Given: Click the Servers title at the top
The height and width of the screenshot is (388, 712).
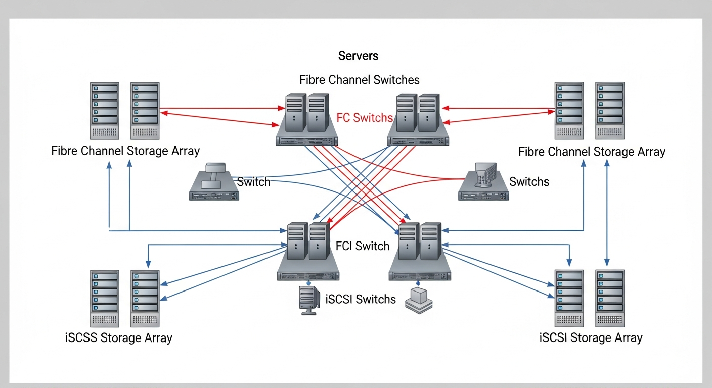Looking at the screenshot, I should [x=358, y=56].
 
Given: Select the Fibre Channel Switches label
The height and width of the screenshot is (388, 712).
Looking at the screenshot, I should [x=359, y=80].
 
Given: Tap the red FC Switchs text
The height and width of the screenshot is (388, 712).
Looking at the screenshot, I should [x=365, y=118].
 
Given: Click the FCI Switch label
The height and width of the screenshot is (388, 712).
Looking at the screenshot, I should [x=362, y=246].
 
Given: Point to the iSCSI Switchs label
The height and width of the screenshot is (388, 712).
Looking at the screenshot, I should [x=361, y=299].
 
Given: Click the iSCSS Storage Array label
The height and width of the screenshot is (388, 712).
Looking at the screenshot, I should [x=119, y=338].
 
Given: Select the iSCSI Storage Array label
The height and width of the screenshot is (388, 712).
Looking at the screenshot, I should [x=591, y=337].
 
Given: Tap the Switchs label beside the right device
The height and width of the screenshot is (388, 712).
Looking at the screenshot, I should [x=529, y=182].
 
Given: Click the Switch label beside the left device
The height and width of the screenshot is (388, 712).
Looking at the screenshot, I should [x=253, y=182].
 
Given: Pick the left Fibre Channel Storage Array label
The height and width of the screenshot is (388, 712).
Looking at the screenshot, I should [x=125, y=151].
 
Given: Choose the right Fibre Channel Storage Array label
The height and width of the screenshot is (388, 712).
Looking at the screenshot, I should [x=592, y=152].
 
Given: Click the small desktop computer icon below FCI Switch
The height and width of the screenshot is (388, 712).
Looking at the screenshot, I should [x=308, y=300].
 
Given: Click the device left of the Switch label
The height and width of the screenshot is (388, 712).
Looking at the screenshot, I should [x=213, y=183].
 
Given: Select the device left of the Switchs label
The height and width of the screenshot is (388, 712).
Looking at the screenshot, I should [x=483, y=183].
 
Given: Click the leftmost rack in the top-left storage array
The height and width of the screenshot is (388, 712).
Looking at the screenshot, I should [x=105, y=111].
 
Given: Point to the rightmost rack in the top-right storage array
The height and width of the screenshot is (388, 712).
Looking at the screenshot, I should [x=609, y=111].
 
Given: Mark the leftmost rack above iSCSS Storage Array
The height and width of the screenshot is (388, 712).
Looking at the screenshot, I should [x=105, y=298].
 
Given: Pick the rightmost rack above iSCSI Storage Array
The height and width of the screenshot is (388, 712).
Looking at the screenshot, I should [x=609, y=298].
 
